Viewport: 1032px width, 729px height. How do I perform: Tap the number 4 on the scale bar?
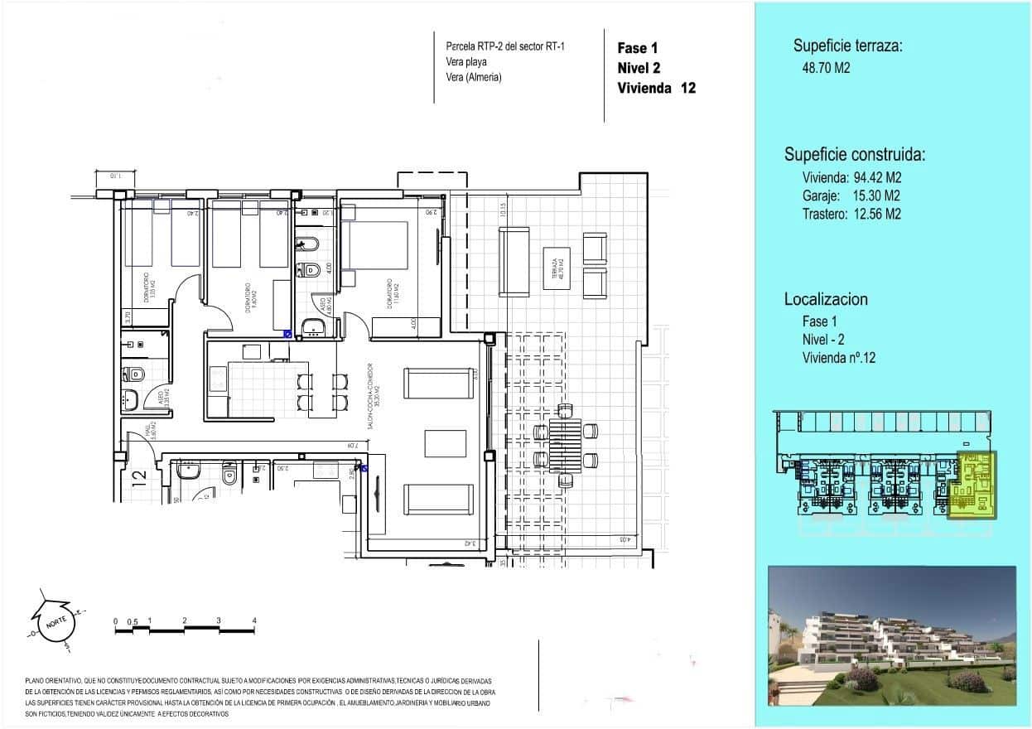[x=254, y=620]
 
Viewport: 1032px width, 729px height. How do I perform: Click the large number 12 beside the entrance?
[x=139, y=477]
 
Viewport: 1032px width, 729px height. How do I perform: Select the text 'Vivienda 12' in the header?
[x=656, y=89]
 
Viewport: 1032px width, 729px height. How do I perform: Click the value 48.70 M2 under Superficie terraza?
[x=822, y=69]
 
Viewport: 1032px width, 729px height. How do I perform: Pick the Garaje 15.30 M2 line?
[x=851, y=196]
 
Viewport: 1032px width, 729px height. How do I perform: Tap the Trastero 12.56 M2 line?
[x=851, y=215]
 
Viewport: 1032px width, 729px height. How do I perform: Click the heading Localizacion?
[x=826, y=300]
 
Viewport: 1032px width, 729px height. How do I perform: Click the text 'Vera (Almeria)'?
[x=474, y=78]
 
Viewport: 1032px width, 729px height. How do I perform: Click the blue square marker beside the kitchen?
[x=287, y=335]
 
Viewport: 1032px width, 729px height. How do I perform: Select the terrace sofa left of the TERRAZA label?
[x=514, y=261]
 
